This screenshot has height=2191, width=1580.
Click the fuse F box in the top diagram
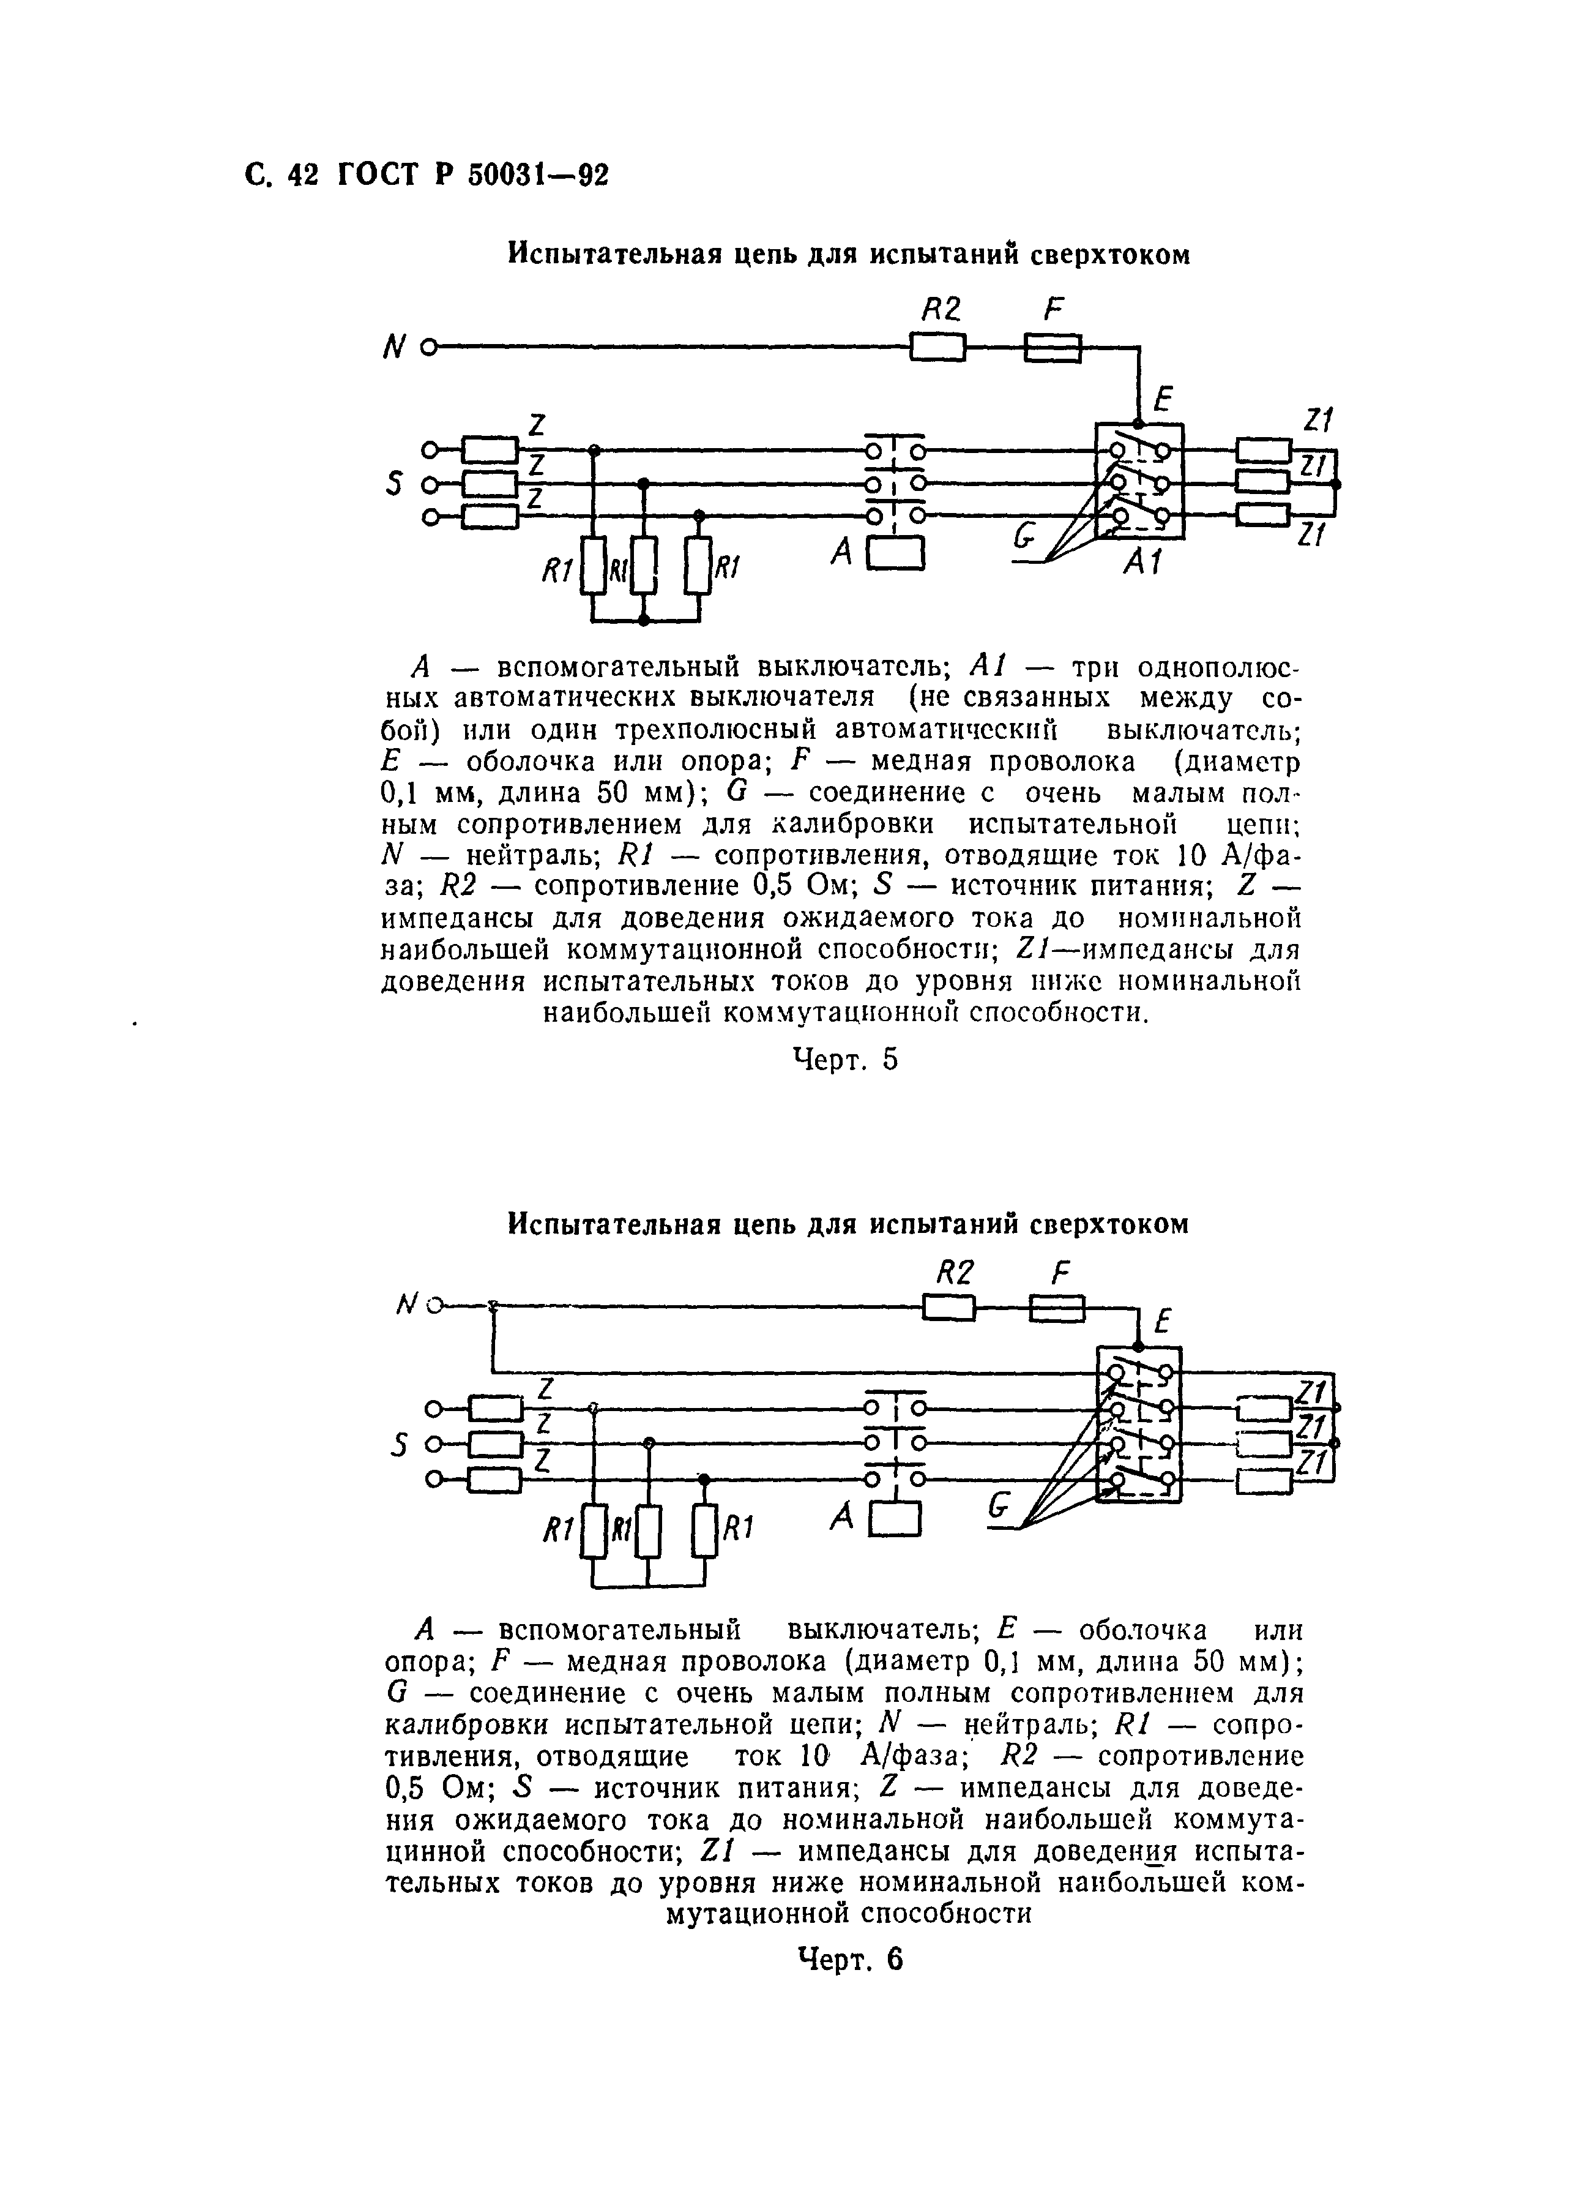pos(1052,347)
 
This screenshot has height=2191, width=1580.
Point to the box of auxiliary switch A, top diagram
pos(896,553)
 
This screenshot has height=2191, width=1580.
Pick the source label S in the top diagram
pos(393,483)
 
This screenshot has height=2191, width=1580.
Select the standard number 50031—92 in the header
pos(538,175)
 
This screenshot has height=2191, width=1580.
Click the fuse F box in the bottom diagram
pos(1057,1309)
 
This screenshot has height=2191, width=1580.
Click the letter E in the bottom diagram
pos(1166,1320)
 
